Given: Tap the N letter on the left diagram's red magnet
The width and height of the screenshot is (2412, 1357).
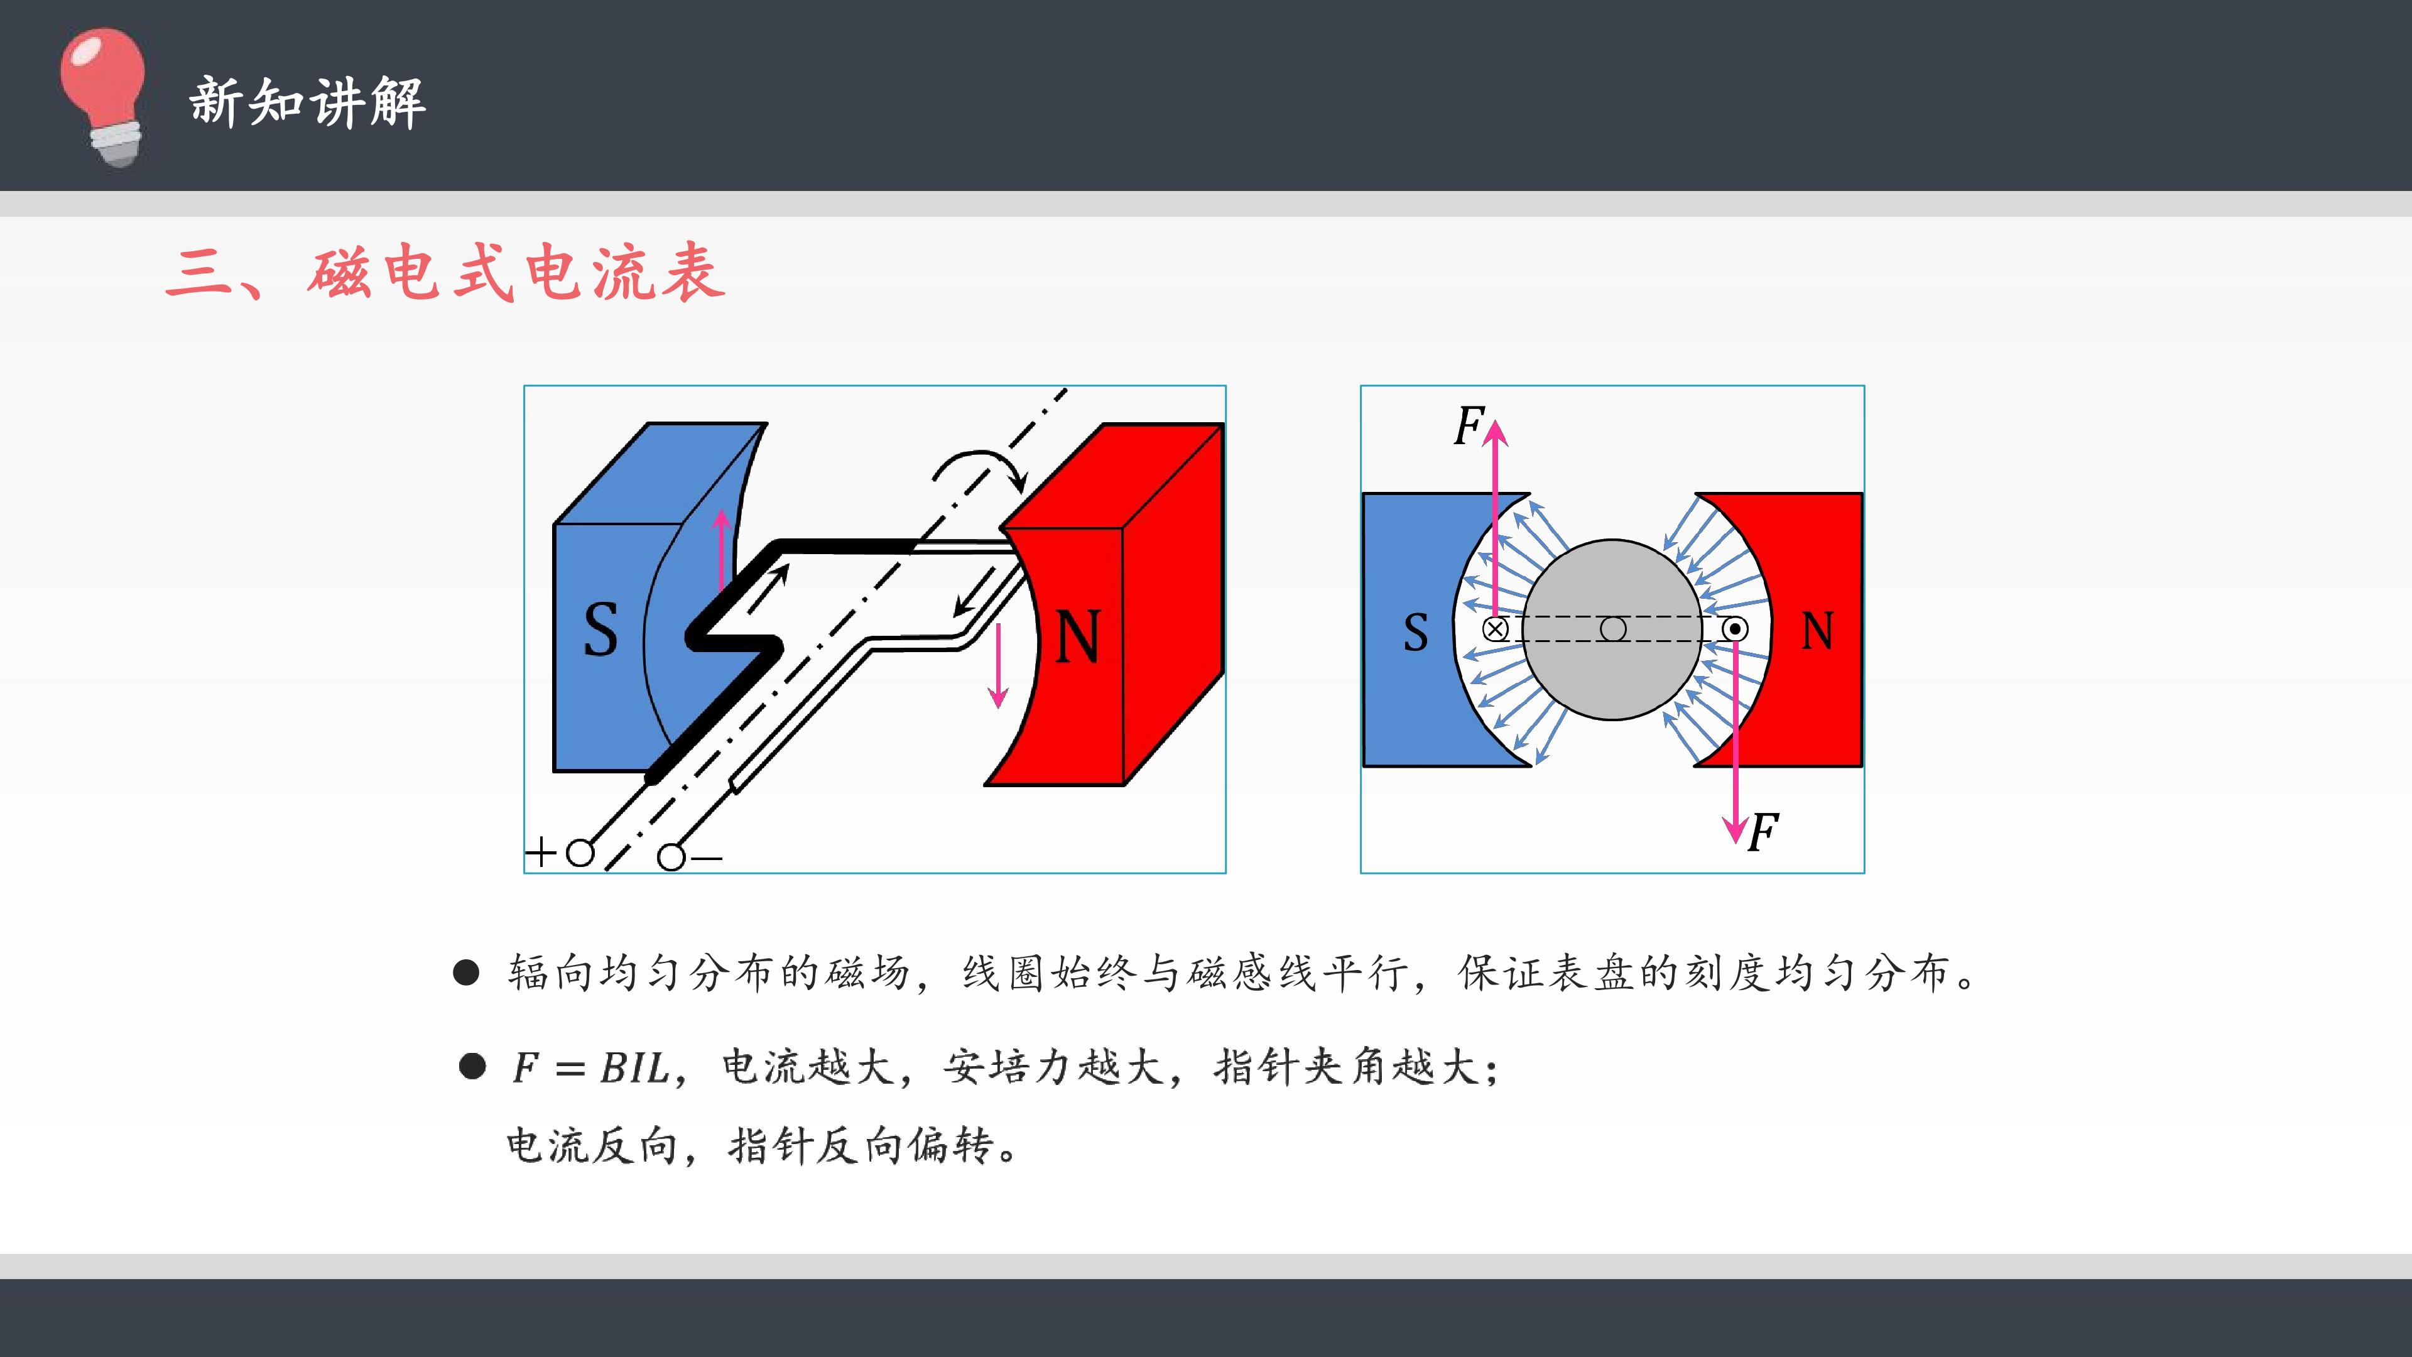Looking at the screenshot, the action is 1078,637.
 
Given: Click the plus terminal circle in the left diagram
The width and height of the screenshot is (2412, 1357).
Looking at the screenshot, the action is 580,853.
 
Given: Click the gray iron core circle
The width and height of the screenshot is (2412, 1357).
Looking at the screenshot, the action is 1612,629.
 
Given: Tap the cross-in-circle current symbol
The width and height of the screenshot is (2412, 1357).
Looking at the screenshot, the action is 1496,628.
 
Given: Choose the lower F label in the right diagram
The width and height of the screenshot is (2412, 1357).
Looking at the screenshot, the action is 1764,832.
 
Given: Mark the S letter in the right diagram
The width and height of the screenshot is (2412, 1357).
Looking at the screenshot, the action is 1416,633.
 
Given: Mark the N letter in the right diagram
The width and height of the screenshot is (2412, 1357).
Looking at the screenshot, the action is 1817,631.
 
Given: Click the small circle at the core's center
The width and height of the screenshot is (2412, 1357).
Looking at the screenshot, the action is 1612,628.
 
